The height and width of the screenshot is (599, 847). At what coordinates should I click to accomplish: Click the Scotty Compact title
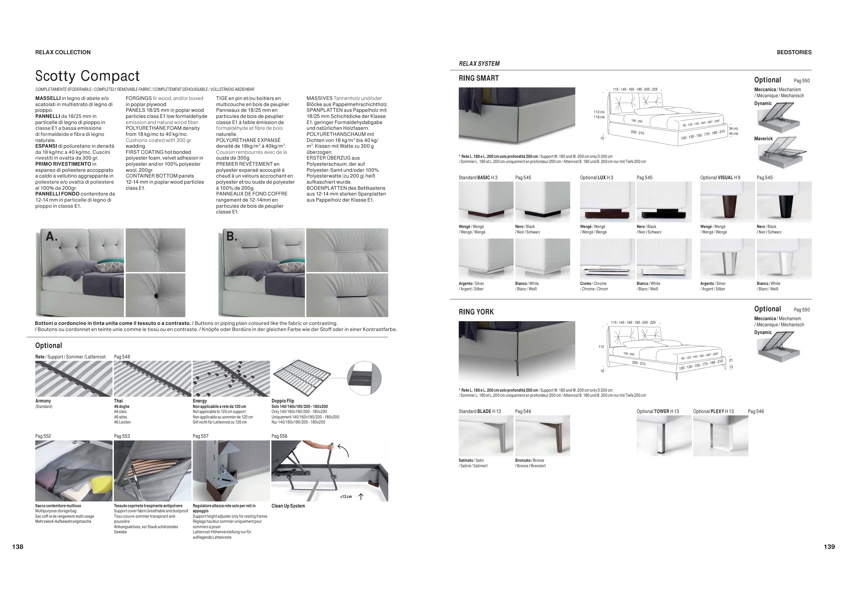pos(87,76)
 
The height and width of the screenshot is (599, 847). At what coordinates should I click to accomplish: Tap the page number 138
pos(18,546)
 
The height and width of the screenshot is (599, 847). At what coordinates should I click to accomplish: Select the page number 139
pos(829,546)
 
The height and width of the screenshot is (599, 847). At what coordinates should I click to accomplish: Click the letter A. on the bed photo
pos(51,236)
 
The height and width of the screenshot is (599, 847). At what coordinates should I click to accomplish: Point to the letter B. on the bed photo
pos(232,236)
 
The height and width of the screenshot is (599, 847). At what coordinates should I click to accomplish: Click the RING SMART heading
pos(478,78)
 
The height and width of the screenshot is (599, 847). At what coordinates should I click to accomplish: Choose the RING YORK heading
pos(476,312)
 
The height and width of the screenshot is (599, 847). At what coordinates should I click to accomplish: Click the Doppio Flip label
pos(283,401)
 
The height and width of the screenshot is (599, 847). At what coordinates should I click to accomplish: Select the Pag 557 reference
pos(200,436)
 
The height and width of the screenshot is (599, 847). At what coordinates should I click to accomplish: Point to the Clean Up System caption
pos(288,506)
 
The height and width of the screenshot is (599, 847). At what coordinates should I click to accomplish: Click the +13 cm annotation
pos(346,497)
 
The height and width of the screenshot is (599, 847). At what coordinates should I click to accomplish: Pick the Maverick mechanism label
pos(763,139)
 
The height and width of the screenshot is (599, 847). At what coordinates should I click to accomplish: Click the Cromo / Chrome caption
pos(593,284)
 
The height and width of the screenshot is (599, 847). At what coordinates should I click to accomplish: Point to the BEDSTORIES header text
pos(794,53)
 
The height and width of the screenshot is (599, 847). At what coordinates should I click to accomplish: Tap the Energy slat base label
pos(200,401)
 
